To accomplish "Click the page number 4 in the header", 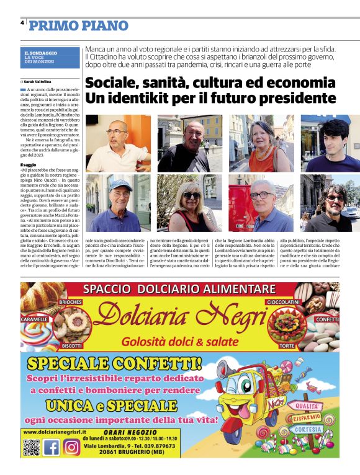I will [x=22, y=23].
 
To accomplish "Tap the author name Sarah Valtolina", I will [x=38, y=81].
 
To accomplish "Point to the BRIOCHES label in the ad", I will [x=70, y=301].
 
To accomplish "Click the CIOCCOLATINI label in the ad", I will [x=284, y=301].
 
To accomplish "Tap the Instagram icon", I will [x=72, y=446].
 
